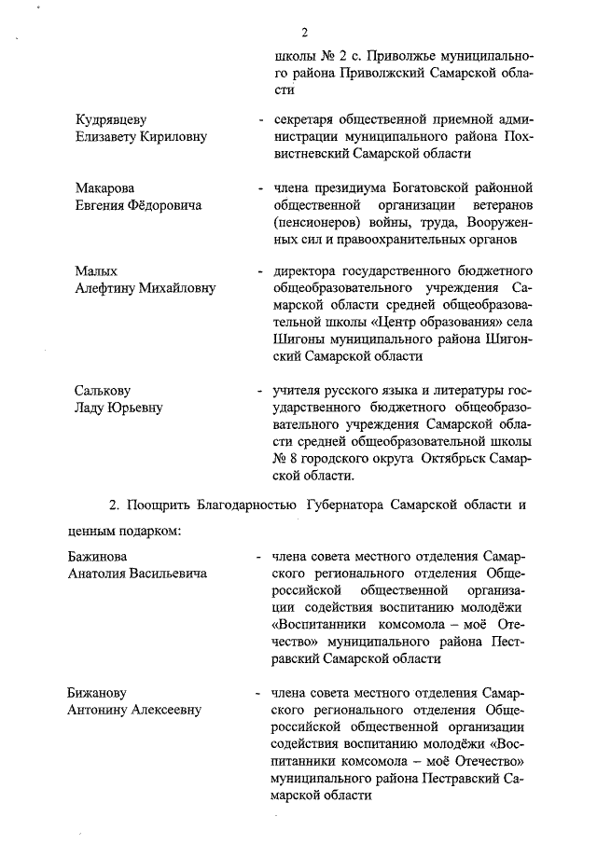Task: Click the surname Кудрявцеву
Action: tap(111, 119)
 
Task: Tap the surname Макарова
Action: tap(105, 188)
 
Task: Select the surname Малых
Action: tap(95, 270)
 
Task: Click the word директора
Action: tap(304, 270)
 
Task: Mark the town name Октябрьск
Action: tap(454, 459)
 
